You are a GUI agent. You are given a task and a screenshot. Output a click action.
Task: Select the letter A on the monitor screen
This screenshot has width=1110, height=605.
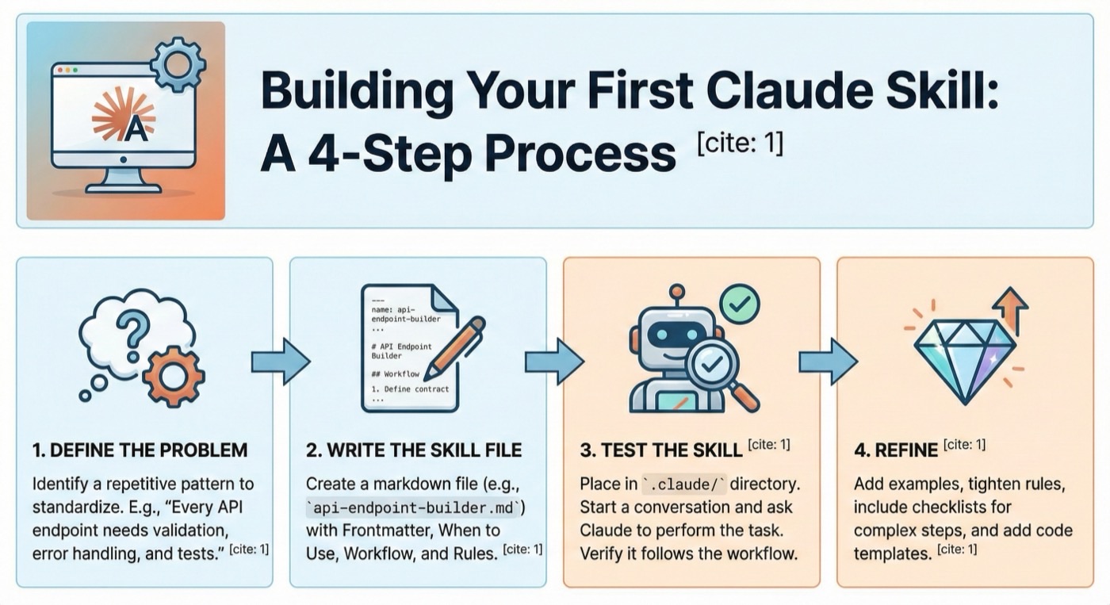click(x=133, y=128)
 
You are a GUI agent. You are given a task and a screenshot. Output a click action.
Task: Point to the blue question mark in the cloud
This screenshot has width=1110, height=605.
click(x=132, y=328)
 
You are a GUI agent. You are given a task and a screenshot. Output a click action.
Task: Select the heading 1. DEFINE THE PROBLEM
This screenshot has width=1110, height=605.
click(x=140, y=450)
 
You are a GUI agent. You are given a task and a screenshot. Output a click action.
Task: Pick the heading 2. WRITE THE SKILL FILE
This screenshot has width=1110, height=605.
click(x=414, y=450)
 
